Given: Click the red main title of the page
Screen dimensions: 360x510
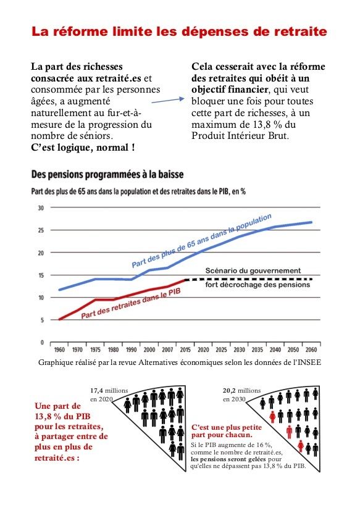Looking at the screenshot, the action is pos(179,31).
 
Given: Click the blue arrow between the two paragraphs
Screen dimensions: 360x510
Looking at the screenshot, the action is pos(168,101).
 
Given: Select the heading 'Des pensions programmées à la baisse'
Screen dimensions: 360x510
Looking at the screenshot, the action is pos(107,175).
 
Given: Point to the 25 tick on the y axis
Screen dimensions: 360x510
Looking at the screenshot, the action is pos(41,230).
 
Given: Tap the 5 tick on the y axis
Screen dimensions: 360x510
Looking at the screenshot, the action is pos(42,320).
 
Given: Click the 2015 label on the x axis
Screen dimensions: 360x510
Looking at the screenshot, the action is pos(185,350).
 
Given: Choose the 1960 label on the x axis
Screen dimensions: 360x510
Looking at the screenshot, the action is pos(59,350).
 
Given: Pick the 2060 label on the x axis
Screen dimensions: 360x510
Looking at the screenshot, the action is pos(311,350).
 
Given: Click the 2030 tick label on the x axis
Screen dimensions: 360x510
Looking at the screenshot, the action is pos(239,350).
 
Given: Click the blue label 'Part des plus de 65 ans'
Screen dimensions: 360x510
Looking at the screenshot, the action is pos(201,241).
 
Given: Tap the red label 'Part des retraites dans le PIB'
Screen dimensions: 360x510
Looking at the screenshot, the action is pos(130,304).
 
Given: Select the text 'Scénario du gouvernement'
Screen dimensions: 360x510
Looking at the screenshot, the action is pos(253,270).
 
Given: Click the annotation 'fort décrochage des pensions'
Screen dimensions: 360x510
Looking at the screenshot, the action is pos(257,285).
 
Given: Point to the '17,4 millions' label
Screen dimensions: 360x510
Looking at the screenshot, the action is pos(109,390).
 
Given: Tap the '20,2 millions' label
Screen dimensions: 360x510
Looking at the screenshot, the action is pos(241,390).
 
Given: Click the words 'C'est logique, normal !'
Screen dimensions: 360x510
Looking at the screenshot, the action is pos(83,148).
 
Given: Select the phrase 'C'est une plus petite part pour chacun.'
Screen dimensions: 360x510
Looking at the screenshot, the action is pos(227,431).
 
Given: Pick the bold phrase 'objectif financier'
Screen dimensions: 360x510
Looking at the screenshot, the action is pos(230,90).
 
